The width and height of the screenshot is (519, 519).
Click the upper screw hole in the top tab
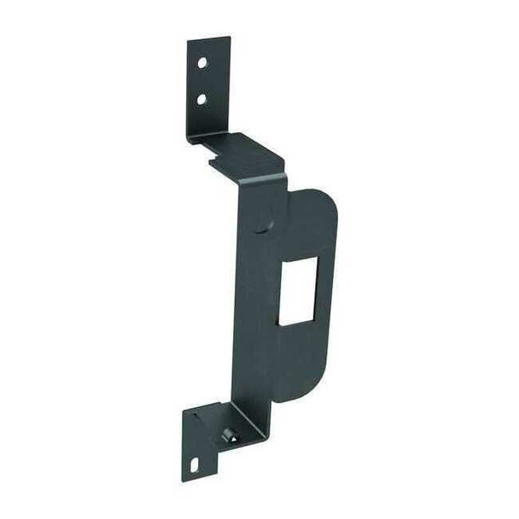click(202, 63)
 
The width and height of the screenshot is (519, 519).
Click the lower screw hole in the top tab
click(201, 99)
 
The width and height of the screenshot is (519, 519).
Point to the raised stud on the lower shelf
click(228, 435)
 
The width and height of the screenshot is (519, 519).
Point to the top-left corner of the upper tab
click(189, 41)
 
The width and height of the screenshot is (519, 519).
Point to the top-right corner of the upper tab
click(230, 38)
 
